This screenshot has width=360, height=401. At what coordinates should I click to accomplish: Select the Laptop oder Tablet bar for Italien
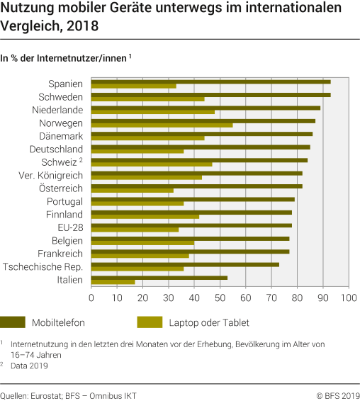(113, 282)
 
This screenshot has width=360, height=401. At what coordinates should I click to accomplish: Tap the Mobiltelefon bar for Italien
(159, 278)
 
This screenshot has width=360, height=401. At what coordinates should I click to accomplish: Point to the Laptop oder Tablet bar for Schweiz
(152, 164)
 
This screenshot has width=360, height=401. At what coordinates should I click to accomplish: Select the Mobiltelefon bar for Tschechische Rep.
(185, 264)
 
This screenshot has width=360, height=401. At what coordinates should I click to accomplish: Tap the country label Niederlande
(57, 110)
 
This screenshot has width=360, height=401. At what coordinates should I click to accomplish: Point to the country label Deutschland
(56, 149)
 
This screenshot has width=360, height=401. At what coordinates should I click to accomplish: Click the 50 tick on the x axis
(220, 298)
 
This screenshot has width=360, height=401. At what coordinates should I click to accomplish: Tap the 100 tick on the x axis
(347, 298)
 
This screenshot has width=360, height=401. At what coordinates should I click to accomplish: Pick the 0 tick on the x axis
(91, 298)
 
